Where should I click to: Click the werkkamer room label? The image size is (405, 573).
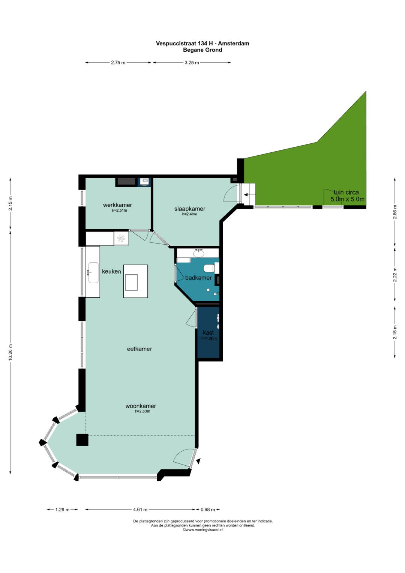117,205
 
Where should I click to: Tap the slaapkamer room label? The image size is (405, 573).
190,209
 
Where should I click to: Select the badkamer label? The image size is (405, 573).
198,278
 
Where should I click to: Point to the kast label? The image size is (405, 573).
208,332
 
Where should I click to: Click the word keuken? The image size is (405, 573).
111,271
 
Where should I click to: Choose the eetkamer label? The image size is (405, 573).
139,349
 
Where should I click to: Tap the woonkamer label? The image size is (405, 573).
141,406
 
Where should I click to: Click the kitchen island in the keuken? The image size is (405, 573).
135,281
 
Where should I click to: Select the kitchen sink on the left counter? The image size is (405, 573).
93,272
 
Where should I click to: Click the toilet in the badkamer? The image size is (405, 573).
209,268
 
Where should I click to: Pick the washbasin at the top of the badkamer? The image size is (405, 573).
198,253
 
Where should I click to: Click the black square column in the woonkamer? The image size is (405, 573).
82,440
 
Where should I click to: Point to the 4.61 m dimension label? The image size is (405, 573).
140,510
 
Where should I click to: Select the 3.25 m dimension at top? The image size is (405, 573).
192,62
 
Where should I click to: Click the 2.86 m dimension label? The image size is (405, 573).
395,212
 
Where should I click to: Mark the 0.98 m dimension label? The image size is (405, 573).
208,510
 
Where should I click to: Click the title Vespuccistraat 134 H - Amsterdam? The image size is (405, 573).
202,44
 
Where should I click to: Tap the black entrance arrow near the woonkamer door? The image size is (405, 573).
198,461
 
